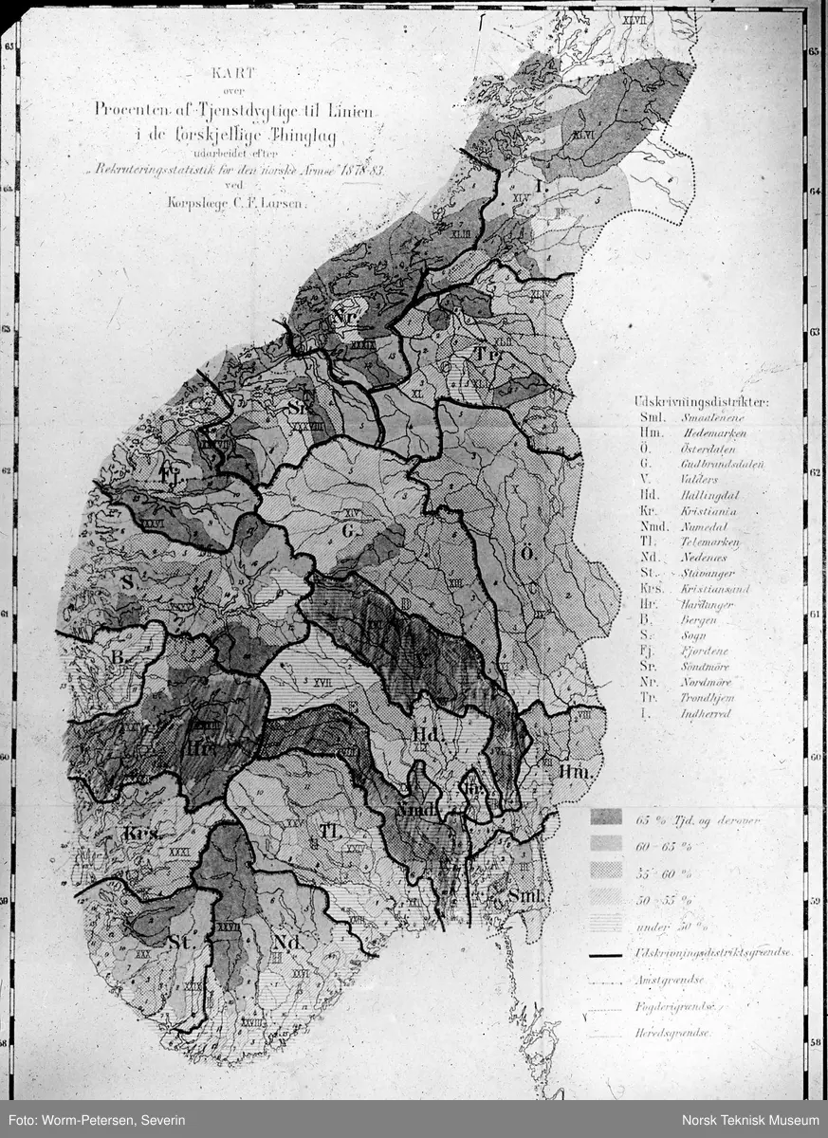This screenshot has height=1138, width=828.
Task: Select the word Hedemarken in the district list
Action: point(713,432)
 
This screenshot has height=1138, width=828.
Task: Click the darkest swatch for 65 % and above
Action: point(605,817)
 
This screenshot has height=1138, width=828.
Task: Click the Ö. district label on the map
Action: point(523,554)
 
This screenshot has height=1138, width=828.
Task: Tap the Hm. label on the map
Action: point(573,773)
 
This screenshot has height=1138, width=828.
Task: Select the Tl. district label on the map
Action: point(329,833)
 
